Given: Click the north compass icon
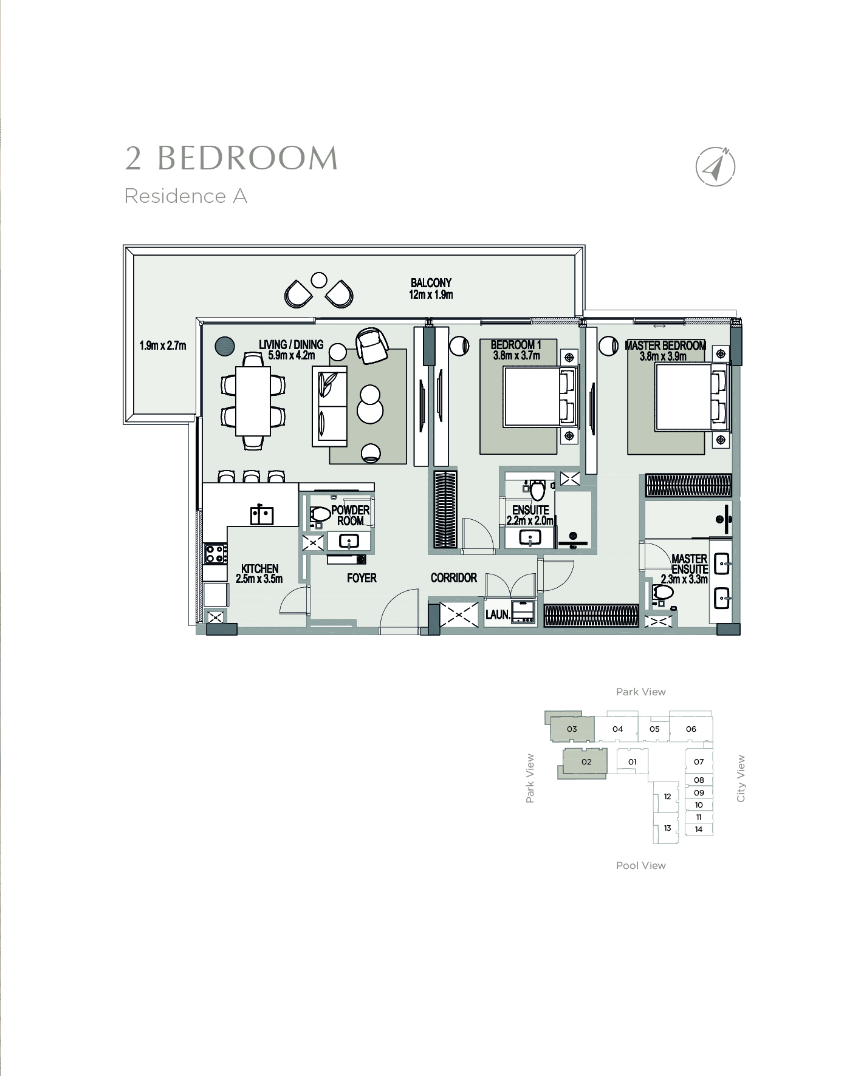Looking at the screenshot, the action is pos(715,166).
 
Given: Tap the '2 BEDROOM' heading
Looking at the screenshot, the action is pos(232,158).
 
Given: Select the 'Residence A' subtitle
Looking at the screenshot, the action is pos(186,196).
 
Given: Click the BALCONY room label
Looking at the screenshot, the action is pos(431,283).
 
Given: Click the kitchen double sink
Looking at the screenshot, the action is pos(262,515).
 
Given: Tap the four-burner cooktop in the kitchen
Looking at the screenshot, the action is pos(214,553).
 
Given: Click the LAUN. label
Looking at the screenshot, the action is pos(498,615).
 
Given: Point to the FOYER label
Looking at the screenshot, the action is pos(362,578).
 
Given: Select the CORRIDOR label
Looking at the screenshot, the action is pos(454,577).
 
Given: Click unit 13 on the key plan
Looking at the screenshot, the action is pos(667,828).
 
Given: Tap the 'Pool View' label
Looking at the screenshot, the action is pos(641,865).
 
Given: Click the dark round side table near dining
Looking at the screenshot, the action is pos(225,346).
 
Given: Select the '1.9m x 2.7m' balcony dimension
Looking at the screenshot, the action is pos(163,346).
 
